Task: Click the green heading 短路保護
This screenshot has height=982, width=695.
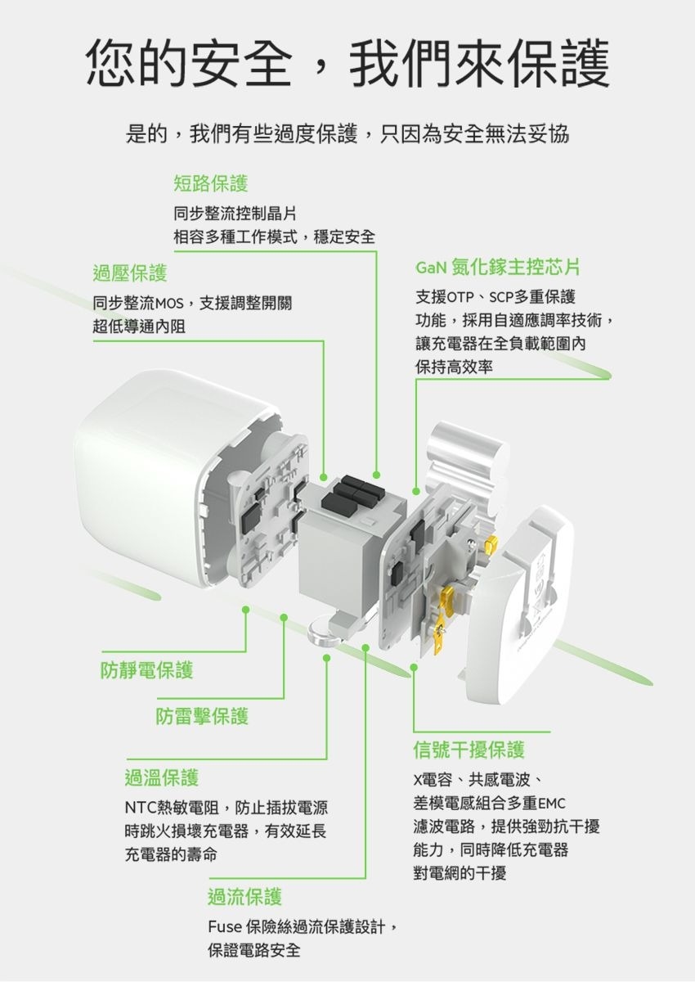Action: click(x=211, y=183)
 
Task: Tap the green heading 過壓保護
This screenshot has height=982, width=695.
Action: click(x=130, y=273)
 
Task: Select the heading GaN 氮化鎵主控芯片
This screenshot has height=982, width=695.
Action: click(x=498, y=267)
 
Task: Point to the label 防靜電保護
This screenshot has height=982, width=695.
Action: click(x=146, y=670)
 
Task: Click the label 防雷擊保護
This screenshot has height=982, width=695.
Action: click(x=202, y=716)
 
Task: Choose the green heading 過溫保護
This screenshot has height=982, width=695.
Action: click(x=162, y=777)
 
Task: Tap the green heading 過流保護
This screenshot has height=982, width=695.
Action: click(x=244, y=896)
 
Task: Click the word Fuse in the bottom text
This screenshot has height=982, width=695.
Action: click(x=225, y=927)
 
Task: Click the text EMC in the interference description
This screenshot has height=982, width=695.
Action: click(x=552, y=804)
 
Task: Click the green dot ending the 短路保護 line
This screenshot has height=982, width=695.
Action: click(x=376, y=475)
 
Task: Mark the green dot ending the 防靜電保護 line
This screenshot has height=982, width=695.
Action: click(x=245, y=610)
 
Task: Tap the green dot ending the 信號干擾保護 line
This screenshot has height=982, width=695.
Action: click(x=414, y=667)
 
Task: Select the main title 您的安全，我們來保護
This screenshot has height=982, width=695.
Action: click(x=347, y=62)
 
